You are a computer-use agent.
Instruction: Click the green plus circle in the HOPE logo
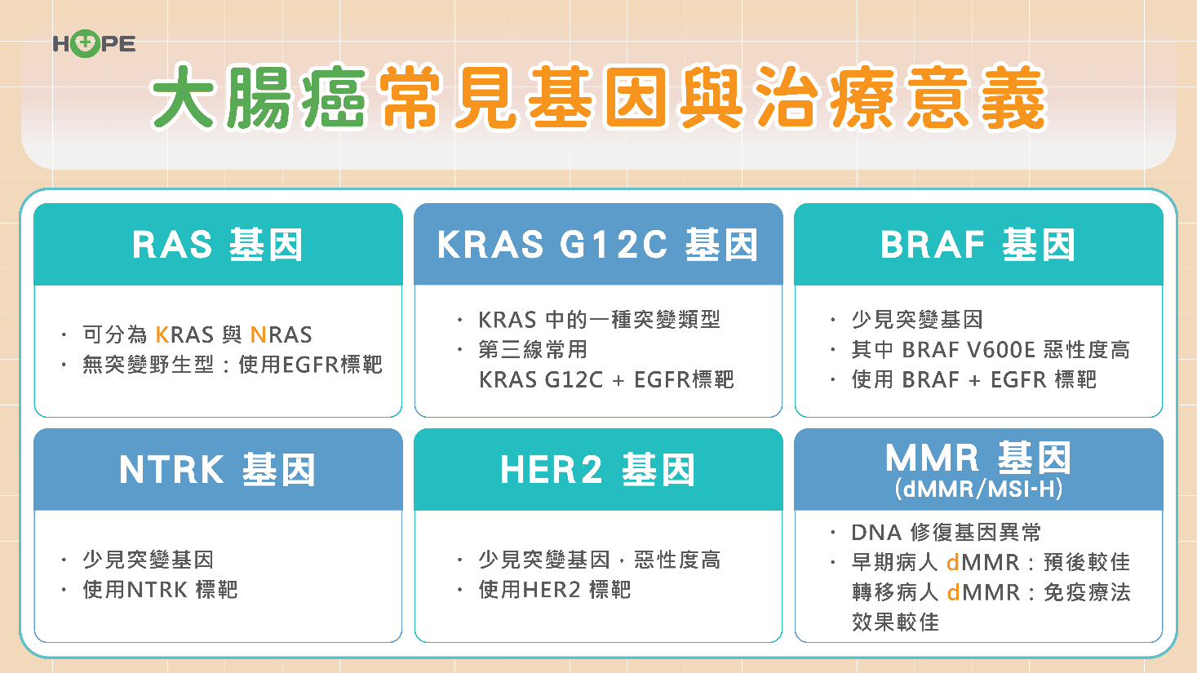(85, 43)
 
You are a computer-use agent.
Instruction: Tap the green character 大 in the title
(183, 97)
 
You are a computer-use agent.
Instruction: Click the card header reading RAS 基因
(218, 246)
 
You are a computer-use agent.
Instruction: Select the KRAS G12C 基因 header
(598, 246)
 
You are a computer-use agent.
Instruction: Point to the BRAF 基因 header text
(978, 246)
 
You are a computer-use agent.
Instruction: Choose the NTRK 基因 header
(218, 470)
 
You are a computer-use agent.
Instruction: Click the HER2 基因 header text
(598, 470)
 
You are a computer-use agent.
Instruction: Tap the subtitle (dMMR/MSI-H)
(978, 489)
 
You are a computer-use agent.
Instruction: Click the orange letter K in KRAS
(162, 335)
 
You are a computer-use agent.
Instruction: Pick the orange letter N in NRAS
(258, 335)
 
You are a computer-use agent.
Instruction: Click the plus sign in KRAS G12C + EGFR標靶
(618, 380)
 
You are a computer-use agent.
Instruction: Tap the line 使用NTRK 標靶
(160, 591)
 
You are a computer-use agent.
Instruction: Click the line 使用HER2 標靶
(555, 591)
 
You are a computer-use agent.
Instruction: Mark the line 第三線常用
(533, 350)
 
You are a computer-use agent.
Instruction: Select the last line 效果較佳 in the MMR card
(896, 622)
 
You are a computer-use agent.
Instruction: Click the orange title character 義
(1013, 97)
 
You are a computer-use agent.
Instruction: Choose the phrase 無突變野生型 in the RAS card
(148, 365)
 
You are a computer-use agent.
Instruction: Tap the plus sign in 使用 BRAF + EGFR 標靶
(974, 380)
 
